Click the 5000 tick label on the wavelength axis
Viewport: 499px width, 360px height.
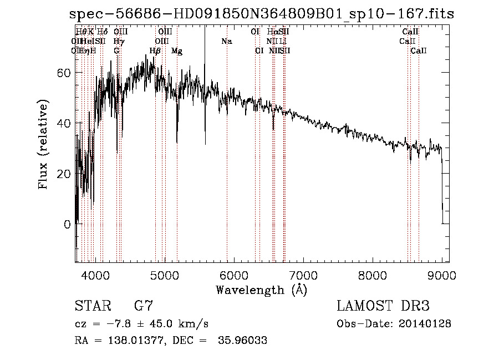pyautogui.click(x=164, y=275)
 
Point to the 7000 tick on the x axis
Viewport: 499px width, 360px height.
pyautogui.click(x=303, y=275)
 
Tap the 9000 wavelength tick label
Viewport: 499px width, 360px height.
pyautogui.click(x=442, y=275)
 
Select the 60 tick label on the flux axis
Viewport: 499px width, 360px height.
pyautogui.click(x=64, y=73)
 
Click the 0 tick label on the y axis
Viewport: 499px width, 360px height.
pyautogui.click(x=68, y=224)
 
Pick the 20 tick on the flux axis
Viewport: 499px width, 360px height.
pyautogui.click(x=64, y=174)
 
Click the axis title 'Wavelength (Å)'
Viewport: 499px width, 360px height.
pyautogui.click(x=261, y=290)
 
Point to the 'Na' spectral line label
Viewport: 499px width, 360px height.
pyautogui.click(x=226, y=42)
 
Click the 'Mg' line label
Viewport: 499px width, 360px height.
pyautogui.click(x=177, y=51)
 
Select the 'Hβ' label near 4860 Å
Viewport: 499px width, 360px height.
pyautogui.click(x=155, y=51)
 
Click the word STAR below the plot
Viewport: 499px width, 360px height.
pyautogui.click(x=92, y=306)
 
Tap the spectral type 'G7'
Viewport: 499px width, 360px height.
pyautogui.click(x=144, y=306)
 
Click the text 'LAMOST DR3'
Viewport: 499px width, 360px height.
pyautogui.click(x=383, y=306)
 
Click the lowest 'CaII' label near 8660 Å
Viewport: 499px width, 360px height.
pyautogui.click(x=419, y=51)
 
